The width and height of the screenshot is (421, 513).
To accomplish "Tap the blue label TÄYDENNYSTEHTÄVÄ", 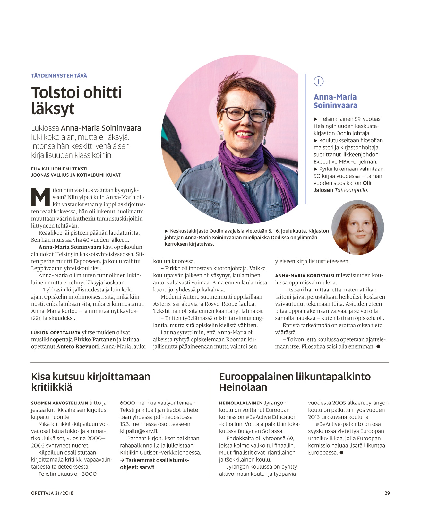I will point(59,76).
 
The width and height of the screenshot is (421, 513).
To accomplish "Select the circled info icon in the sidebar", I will point(318,82).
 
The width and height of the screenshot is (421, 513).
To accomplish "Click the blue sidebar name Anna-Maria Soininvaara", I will point(335,101).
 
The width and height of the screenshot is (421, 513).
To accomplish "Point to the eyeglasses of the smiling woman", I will point(244,114).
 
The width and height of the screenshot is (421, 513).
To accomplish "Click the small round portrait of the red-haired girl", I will point(357,227).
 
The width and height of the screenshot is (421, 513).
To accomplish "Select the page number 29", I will point(387,493).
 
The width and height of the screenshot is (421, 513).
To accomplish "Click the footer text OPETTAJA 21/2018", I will point(52,493).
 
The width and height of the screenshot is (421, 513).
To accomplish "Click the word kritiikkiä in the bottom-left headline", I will point(52,387).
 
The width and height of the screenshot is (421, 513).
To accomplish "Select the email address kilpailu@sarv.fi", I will point(139,431).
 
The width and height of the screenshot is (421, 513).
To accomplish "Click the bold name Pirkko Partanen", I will point(95,339).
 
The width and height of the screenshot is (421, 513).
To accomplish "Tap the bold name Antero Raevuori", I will point(77,346).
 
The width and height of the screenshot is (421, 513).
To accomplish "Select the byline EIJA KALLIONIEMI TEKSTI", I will point(59,169).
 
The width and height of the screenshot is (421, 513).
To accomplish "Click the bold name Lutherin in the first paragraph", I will point(84,219).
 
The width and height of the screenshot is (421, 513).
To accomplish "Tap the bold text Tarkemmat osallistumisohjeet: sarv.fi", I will point(155,464).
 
